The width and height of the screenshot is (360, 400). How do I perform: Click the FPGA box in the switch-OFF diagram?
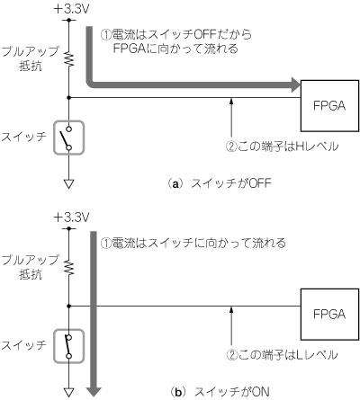[x=329, y=106]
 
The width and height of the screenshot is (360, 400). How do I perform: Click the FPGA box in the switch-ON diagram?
[x=329, y=315]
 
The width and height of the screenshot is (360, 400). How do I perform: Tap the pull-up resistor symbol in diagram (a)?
[x=69, y=59]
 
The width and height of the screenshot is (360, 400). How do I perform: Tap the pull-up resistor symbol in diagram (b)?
[x=69, y=268]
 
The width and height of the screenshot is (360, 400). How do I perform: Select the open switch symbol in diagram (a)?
[x=68, y=138]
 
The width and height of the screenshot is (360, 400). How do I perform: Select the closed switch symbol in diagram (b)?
[x=68, y=346]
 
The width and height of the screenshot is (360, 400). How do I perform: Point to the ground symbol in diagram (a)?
[x=69, y=183]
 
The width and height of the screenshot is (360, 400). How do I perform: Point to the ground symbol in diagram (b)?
[x=69, y=392]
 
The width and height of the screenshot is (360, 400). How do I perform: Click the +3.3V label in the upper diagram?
[x=71, y=9]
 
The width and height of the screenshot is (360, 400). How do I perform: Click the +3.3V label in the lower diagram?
[x=71, y=218]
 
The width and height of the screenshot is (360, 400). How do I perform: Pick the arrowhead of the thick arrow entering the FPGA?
[x=295, y=84]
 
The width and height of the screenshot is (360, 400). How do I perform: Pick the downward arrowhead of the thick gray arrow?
[x=94, y=391]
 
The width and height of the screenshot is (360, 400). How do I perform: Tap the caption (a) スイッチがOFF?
[x=220, y=182]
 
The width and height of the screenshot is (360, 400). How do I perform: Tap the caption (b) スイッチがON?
[x=220, y=392]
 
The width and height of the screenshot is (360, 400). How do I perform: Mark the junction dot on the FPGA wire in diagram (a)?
[x=69, y=98]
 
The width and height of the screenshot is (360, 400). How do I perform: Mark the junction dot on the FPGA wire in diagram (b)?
[x=69, y=307]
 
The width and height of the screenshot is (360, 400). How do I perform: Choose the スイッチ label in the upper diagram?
[x=24, y=137]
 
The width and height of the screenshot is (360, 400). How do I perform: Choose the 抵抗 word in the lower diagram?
[x=31, y=275]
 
